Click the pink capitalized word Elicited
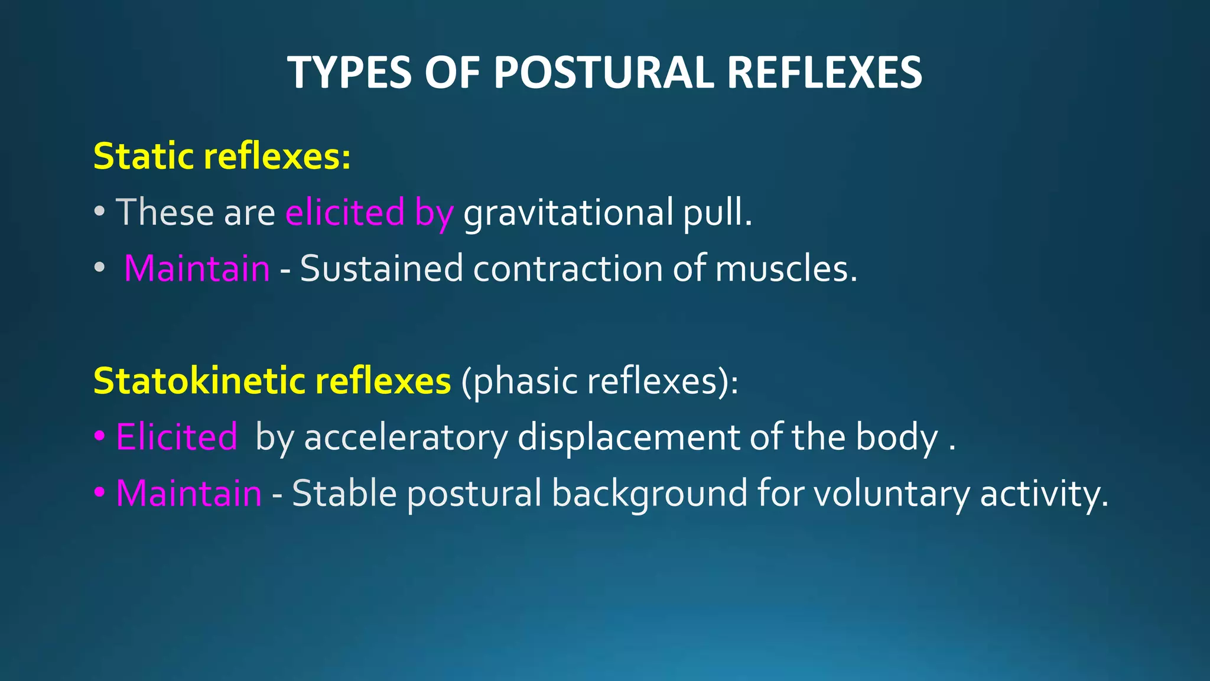coord(177,437)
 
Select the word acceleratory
coord(405,437)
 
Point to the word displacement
coord(628,437)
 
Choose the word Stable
coord(344,493)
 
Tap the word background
coord(649,493)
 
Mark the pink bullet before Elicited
coord(99,437)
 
